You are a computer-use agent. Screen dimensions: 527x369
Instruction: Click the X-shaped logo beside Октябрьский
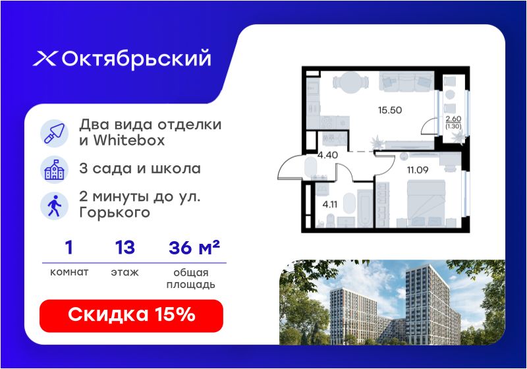coord(45,59)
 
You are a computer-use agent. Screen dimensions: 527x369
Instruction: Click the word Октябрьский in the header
coord(136,59)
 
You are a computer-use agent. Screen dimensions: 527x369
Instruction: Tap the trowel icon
coord(55,133)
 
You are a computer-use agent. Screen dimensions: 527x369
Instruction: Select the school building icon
coord(55,169)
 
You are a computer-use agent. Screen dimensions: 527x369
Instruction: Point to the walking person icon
coord(55,206)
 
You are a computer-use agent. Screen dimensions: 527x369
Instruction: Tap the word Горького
coord(115,213)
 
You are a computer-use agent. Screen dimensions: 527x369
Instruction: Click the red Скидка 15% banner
coord(131,316)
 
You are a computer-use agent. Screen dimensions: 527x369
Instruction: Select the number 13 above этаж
coord(125,248)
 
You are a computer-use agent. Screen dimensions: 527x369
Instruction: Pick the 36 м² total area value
coord(194,248)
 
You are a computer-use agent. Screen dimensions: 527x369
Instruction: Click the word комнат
coord(69,272)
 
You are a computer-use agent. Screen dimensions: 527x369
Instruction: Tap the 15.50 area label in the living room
coord(390,110)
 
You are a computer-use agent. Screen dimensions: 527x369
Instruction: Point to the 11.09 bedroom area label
coord(418,170)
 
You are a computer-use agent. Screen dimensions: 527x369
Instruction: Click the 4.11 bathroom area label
coord(330,204)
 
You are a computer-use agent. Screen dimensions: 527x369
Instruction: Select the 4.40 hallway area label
coord(327,156)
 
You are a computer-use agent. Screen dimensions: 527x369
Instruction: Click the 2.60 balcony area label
coord(453,119)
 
